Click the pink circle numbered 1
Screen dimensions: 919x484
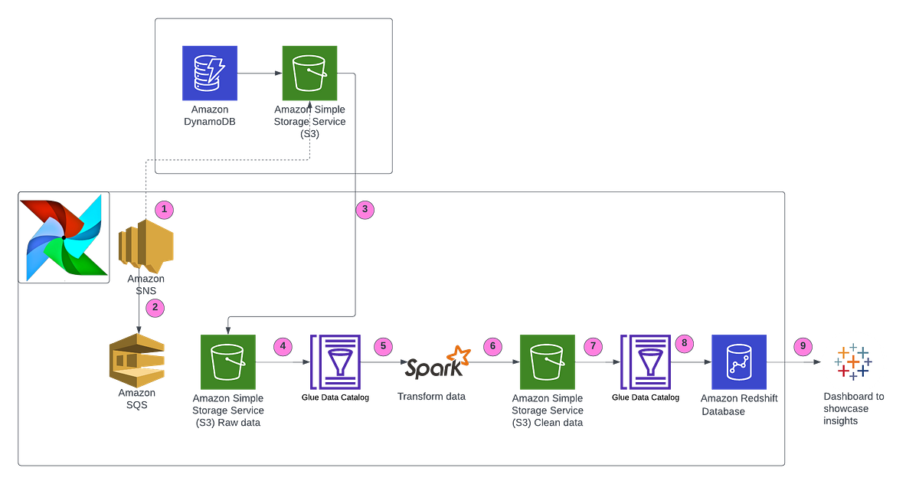(x=162, y=208)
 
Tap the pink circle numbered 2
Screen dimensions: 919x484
(x=155, y=308)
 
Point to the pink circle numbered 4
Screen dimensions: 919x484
(x=284, y=346)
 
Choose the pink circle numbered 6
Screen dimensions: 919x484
(x=493, y=346)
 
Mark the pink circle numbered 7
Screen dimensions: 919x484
(x=592, y=346)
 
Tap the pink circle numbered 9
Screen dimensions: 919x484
(x=802, y=345)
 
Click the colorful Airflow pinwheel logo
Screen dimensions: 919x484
(x=63, y=237)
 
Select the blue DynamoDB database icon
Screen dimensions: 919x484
(x=210, y=73)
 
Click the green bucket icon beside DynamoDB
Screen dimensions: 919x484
(x=309, y=73)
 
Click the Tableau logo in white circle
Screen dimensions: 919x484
(x=852, y=362)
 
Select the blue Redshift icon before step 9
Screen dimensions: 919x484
(x=738, y=361)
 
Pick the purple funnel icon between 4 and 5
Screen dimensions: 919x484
(x=335, y=362)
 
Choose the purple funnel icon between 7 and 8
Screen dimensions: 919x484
(x=644, y=362)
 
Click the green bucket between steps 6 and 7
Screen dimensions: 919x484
(x=548, y=362)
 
